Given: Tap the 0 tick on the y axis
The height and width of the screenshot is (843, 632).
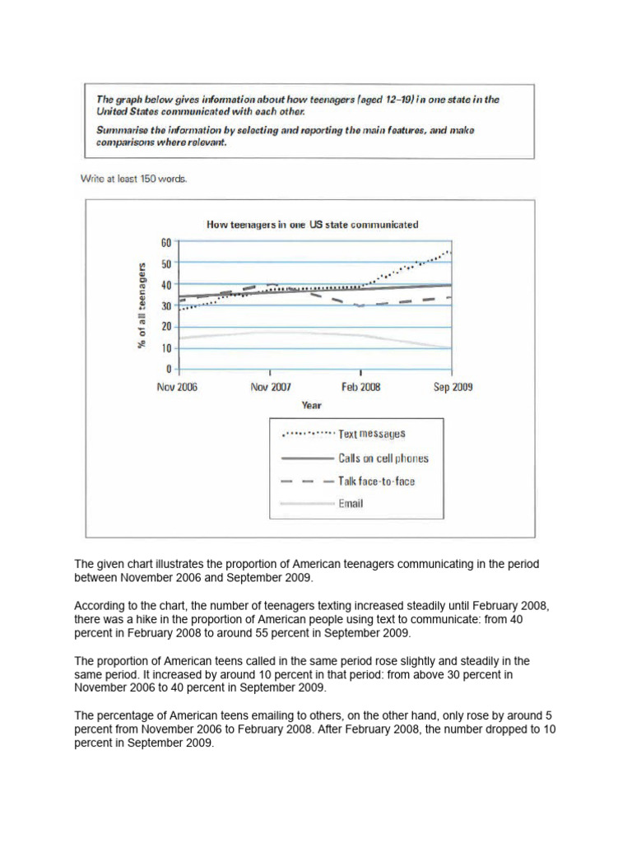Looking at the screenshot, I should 168,369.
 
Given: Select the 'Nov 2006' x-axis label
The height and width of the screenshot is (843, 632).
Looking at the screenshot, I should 177,387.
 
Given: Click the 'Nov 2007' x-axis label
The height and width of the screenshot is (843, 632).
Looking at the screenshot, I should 271,387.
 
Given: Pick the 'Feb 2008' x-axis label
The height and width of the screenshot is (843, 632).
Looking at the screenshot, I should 360,387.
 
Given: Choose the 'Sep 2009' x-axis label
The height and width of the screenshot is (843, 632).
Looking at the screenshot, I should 453,387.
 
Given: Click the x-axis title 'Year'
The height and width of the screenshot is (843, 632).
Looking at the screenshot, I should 311,405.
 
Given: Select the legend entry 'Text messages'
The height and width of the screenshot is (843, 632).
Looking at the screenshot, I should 372,434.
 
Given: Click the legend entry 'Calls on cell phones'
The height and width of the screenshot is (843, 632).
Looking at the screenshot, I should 383,458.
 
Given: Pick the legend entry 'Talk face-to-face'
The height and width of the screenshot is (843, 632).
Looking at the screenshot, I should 377,481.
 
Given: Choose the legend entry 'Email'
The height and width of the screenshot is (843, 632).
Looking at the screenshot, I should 351,504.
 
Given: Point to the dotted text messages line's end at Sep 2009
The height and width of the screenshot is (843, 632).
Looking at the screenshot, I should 449,252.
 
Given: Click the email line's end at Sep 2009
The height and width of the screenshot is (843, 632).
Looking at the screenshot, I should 450,347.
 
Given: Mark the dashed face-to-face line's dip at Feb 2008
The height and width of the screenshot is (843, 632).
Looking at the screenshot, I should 360,305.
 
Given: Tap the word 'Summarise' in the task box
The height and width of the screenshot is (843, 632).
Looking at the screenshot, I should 119,130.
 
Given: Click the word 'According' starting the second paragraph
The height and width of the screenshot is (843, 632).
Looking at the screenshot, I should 98,605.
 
